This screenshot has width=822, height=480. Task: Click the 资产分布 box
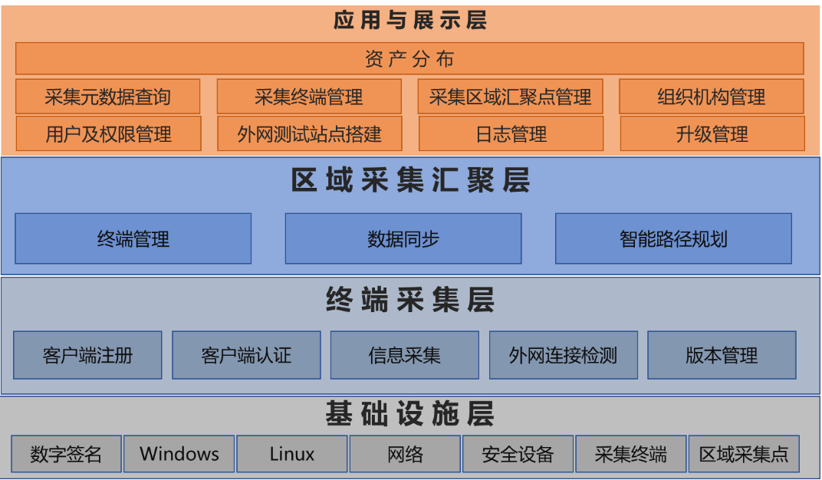pos(409,58)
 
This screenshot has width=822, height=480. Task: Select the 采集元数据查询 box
pos(107,97)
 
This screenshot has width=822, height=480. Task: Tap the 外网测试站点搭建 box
pos(309,134)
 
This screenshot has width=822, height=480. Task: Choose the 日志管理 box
pos(511,134)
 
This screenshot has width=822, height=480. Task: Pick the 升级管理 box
pos(712,134)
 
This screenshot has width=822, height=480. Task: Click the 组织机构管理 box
pos(711,97)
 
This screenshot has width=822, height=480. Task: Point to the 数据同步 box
pos(403,238)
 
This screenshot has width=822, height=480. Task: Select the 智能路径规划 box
pos(673,238)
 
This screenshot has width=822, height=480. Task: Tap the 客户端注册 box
pos(87,355)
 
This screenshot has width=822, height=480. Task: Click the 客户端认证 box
pos(246,355)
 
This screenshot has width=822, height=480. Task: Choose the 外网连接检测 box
pos(564,355)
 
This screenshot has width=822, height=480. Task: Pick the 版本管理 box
pos(722,355)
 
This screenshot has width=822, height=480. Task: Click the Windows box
pos(179,454)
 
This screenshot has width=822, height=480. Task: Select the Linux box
pos(292,454)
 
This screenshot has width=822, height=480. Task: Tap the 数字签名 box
pos(66,454)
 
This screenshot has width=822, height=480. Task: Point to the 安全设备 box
pos(518,454)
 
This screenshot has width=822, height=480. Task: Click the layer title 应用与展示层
pos(410,19)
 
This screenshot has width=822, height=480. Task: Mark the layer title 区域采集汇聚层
pos(410,181)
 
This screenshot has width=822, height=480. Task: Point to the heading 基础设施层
pos(410,413)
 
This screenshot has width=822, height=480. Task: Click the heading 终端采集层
pos(410,300)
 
